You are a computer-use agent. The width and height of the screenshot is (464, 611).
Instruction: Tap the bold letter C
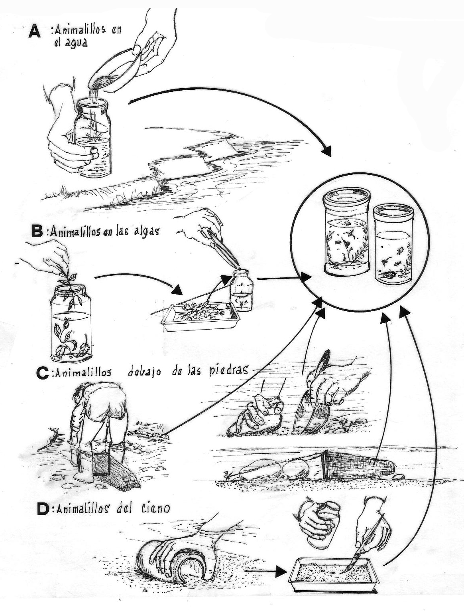pyautogui.click(x=42, y=373)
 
